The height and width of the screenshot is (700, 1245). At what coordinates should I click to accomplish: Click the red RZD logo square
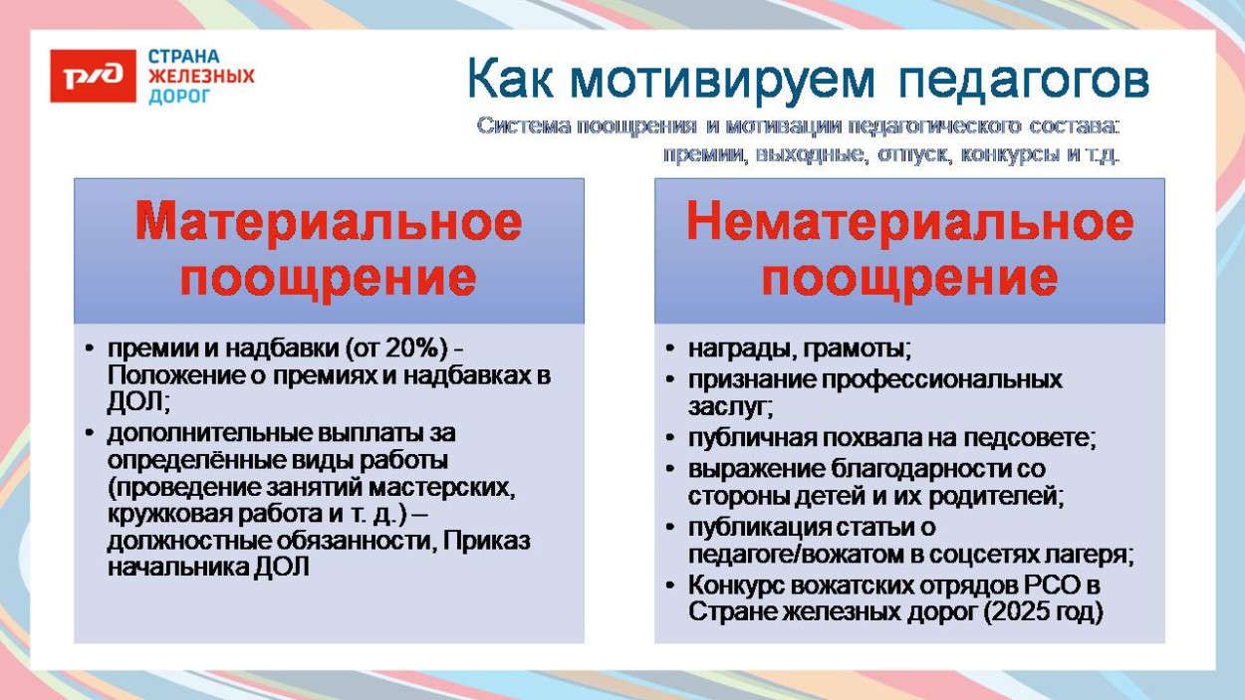(93, 76)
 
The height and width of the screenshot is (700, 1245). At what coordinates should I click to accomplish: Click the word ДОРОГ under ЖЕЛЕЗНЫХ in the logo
(179, 97)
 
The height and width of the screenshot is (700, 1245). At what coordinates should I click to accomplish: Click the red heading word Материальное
(329, 221)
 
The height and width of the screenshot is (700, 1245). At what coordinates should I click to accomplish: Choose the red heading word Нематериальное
(909, 221)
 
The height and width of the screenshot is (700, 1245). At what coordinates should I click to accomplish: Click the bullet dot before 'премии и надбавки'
(90, 350)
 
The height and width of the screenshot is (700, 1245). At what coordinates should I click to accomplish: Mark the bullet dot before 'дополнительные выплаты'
(90, 434)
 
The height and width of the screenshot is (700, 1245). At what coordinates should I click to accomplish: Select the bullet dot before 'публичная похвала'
(671, 437)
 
